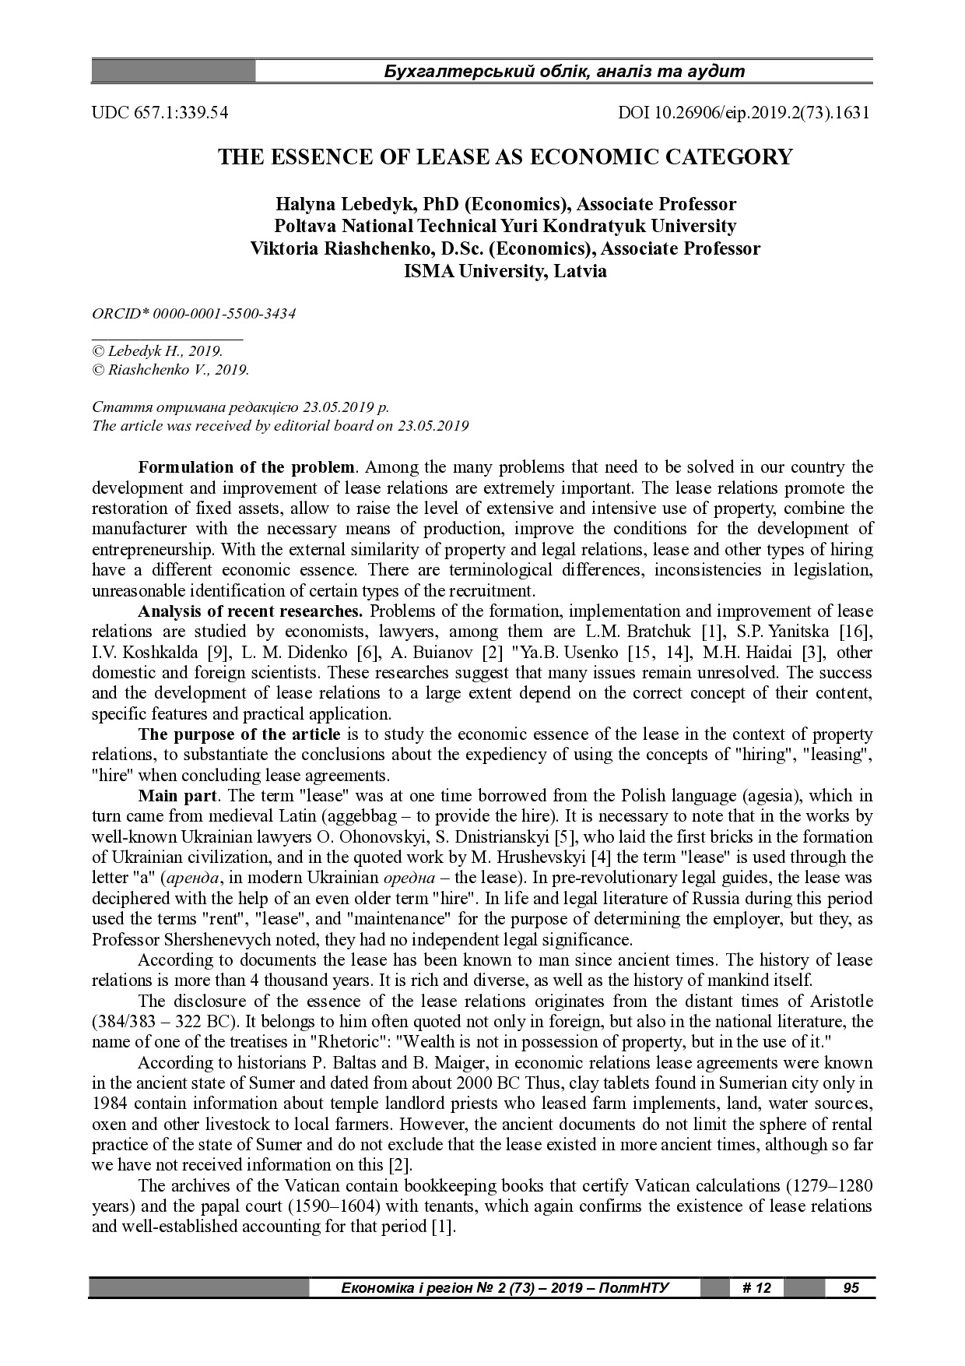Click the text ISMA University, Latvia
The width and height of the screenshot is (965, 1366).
(x=505, y=272)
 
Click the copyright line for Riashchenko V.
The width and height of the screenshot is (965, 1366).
(x=170, y=371)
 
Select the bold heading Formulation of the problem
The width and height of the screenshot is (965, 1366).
(x=246, y=468)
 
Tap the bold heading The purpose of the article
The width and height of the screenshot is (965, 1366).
(x=239, y=734)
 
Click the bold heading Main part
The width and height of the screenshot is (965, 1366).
(x=179, y=796)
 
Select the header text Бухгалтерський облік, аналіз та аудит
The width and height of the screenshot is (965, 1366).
(x=564, y=72)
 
